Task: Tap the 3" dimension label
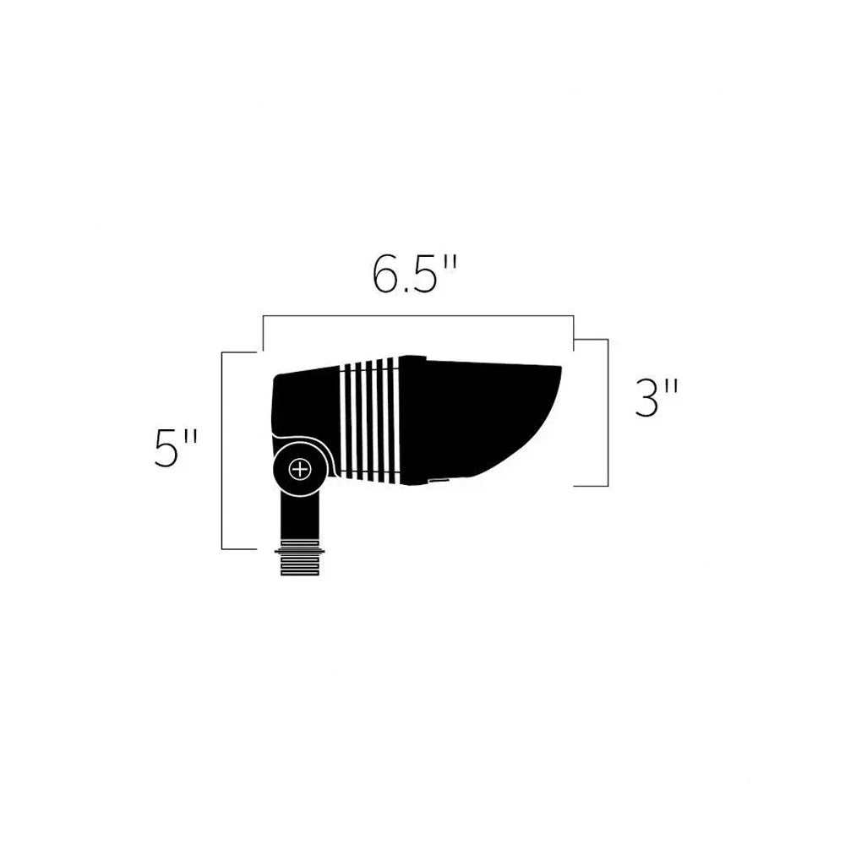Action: tap(657, 398)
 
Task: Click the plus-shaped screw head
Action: tap(300, 469)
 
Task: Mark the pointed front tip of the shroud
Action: tap(561, 368)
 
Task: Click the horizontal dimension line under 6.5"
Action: tap(418, 316)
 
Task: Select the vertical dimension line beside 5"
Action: tap(222, 450)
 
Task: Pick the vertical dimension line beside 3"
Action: tap(608, 412)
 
